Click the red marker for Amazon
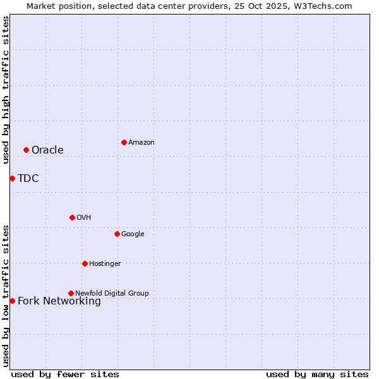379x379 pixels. [124, 142]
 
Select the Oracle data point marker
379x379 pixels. [26, 150]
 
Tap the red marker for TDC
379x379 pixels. [12, 178]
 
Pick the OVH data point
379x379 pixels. [72, 217]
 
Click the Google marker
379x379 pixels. [117, 234]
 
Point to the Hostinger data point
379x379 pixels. [85, 263]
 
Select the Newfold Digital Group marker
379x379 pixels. [71, 293]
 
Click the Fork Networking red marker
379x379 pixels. [12, 301]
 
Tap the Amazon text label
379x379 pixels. [141, 143]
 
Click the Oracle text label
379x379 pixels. [47, 150]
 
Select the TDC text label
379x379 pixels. [28, 179]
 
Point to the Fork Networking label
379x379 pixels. [59, 301]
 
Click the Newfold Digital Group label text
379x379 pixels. [112, 293]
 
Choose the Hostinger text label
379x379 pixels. [105, 264]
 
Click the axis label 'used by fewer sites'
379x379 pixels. [65, 374]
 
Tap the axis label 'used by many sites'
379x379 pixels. [317, 374]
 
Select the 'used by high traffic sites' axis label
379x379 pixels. [6, 90]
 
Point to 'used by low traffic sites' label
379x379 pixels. [6, 296]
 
